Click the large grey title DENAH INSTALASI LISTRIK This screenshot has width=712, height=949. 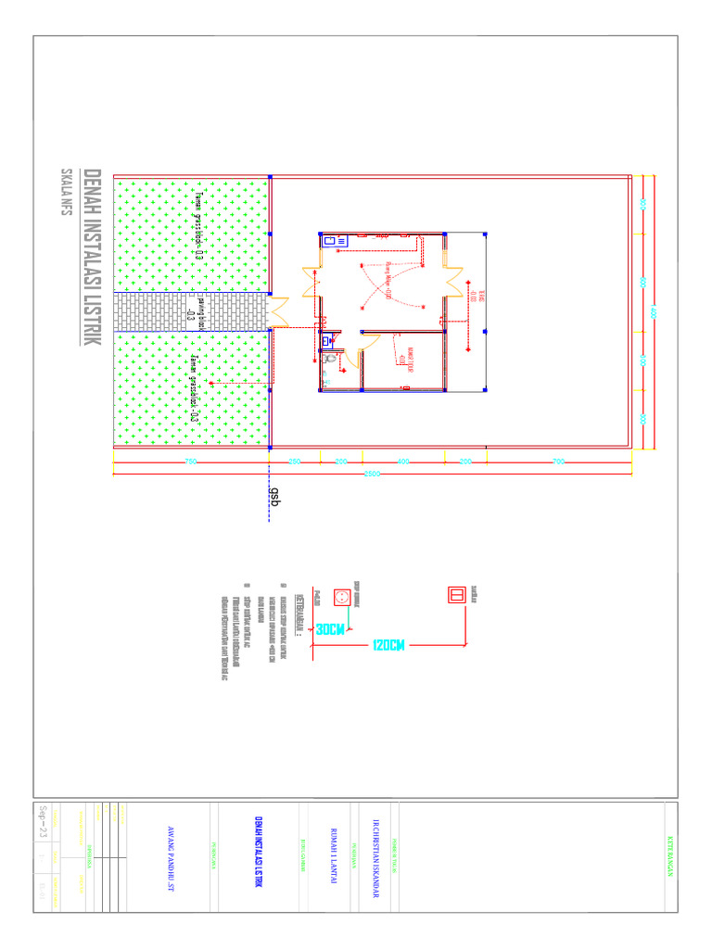(92, 258)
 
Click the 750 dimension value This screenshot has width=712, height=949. (191, 461)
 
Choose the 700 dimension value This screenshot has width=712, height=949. (558, 461)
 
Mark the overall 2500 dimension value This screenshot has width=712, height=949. (373, 476)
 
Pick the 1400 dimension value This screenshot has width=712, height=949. (653, 312)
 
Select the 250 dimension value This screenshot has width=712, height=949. (295, 461)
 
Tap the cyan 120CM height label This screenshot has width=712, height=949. (389, 645)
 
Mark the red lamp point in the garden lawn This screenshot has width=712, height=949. (211, 383)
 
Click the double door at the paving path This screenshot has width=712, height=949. (279, 312)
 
